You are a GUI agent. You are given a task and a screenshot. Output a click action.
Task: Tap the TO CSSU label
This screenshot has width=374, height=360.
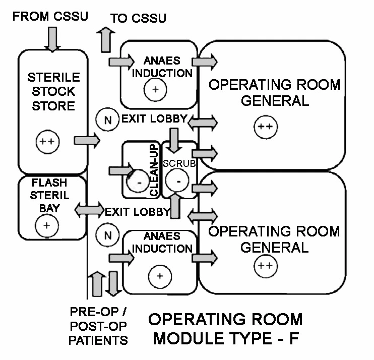(138, 19)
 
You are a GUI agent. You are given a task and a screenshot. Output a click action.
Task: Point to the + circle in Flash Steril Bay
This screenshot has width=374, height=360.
(46, 225)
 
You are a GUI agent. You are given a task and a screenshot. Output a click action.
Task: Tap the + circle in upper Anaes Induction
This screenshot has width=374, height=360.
(155, 89)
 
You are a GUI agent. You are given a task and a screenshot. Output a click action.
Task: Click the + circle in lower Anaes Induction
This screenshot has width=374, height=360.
(159, 276)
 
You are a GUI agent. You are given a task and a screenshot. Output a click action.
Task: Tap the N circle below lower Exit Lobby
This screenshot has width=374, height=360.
(107, 234)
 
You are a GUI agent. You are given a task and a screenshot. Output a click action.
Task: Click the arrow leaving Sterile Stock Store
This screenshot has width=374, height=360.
(87, 141)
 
